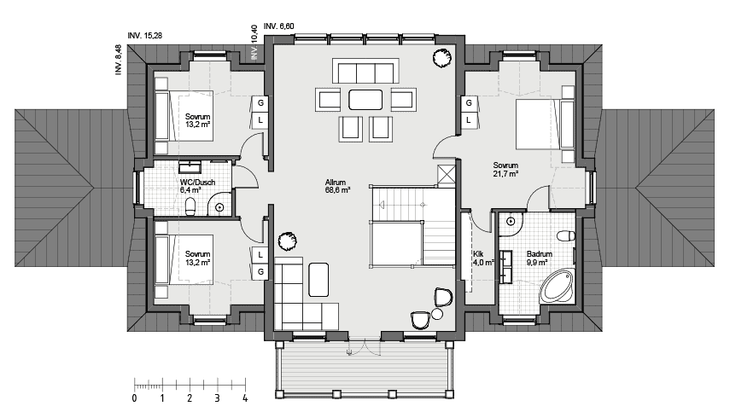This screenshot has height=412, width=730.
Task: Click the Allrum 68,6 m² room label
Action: pyautogui.click(x=337, y=187)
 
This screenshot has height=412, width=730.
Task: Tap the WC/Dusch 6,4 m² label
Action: pyautogui.click(x=197, y=186)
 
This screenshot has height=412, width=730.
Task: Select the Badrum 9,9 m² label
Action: pyautogui.click(x=539, y=258)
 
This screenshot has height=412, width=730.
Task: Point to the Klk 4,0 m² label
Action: pyautogui.click(x=483, y=258)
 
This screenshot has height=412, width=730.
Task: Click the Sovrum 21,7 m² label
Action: pyautogui.click(x=505, y=169)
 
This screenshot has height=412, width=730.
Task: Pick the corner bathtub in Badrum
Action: pyautogui.click(x=557, y=286)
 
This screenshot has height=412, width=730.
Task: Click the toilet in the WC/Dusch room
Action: pyautogui.click(x=190, y=207)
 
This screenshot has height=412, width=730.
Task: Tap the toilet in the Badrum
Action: pyautogui.click(x=565, y=235)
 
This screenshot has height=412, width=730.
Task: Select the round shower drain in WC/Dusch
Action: pyautogui.click(x=219, y=208)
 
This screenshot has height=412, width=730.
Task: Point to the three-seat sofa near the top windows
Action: pyautogui.click(x=365, y=71)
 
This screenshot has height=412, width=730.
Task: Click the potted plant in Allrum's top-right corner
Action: pyautogui.click(x=441, y=58)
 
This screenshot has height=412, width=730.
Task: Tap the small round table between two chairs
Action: pyautogui.click(x=437, y=314)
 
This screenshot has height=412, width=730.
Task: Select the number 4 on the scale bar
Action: pyautogui.click(x=245, y=398)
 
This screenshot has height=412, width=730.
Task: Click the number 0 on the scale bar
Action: pyautogui.click(x=135, y=398)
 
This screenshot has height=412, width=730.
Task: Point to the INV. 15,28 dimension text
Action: pyautogui.click(x=145, y=35)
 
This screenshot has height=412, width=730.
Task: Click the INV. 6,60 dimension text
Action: pyautogui.click(x=279, y=26)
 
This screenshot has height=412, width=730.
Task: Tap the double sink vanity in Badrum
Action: pyautogui.click(x=505, y=266)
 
